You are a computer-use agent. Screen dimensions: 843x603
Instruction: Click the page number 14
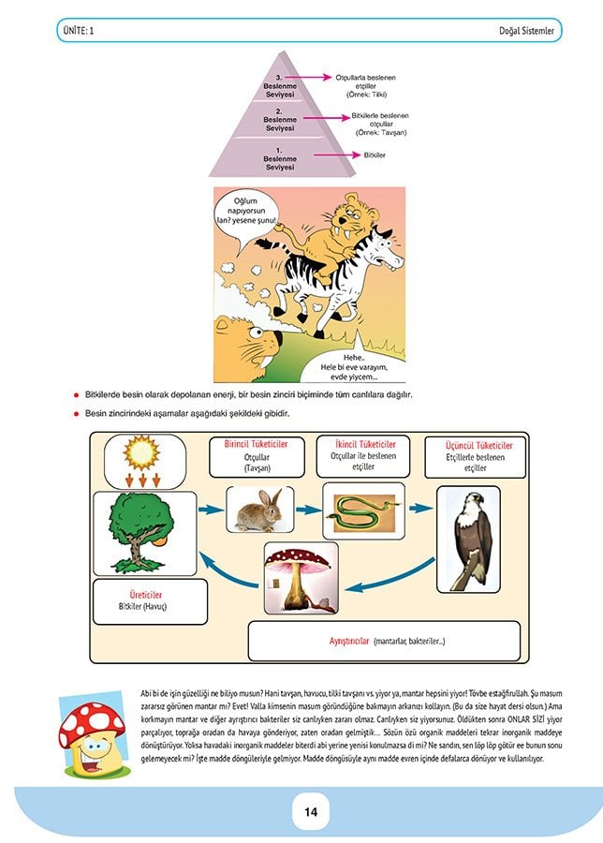pyautogui.click(x=301, y=811)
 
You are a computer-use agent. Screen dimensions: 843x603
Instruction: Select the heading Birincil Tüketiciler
pyautogui.click(x=256, y=443)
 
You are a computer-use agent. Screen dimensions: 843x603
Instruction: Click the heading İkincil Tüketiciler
pyautogui.click(x=364, y=443)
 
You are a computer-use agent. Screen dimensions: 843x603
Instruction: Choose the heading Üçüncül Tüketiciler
pyautogui.click(x=475, y=446)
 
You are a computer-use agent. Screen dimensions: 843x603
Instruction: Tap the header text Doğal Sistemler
pyautogui.click(x=528, y=31)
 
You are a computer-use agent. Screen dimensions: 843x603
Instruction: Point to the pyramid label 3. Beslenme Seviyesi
pyautogui.click(x=279, y=86)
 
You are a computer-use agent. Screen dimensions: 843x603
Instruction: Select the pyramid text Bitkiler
pyautogui.click(x=374, y=154)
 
